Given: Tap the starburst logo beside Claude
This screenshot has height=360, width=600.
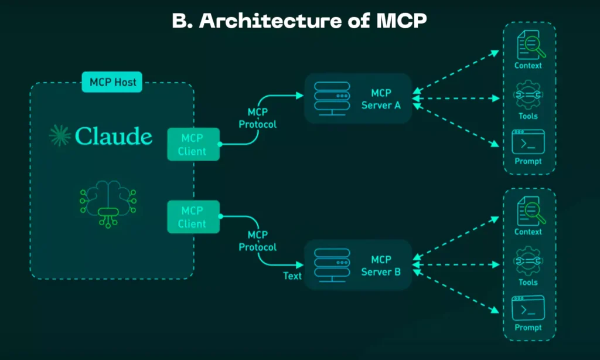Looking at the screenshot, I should [x=60, y=135].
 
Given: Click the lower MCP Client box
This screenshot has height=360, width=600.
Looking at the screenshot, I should [x=193, y=217].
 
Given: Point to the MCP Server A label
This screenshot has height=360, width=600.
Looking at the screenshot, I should [x=381, y=99].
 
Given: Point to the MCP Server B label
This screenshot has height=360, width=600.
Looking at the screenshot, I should [x=381, y=266].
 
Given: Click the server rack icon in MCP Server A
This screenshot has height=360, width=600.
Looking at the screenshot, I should [x=332, y=99].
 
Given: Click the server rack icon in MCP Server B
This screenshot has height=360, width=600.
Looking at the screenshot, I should [x=332, y=266].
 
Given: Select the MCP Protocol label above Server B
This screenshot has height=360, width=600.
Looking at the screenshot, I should [x=257, y=241].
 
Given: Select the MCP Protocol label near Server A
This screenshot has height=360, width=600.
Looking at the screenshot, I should [x=258, y=118].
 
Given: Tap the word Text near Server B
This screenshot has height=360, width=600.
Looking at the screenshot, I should [x=292, y=276].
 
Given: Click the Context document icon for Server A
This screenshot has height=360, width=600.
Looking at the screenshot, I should [x=529, y=45].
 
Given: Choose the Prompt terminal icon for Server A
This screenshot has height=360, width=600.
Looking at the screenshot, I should [x=528, y=142].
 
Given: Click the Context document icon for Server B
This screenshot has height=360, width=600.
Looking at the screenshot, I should [x=529, y=212].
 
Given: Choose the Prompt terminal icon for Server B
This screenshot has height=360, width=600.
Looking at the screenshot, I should [x=528, y=308].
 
